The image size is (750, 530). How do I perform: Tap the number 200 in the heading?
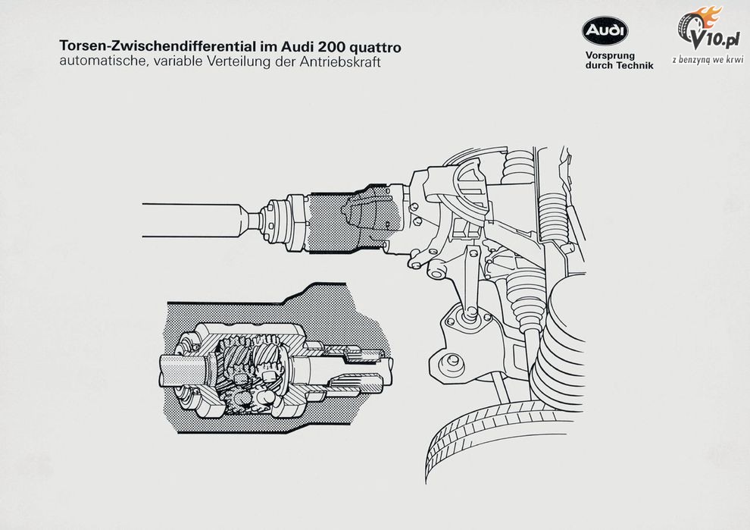coord(336,46)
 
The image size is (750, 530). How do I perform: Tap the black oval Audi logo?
coord(605,30)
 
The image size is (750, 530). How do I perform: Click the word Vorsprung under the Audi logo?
coord(611,56)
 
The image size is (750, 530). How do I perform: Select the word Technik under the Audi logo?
coord(634,66)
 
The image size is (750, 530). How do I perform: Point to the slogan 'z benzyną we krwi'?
coord(708,59)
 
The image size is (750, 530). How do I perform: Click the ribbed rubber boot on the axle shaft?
coord(526,296)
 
